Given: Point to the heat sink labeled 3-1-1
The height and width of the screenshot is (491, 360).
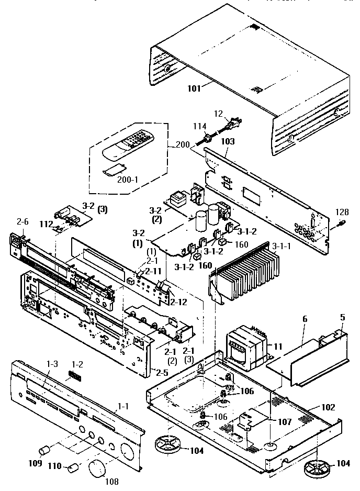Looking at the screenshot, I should (246, 272).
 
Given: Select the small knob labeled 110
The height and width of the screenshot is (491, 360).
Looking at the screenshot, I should (74, 467).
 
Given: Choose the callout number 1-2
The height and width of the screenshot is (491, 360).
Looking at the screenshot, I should (77, 363).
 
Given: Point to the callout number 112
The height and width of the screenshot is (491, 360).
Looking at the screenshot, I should (47, 225).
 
